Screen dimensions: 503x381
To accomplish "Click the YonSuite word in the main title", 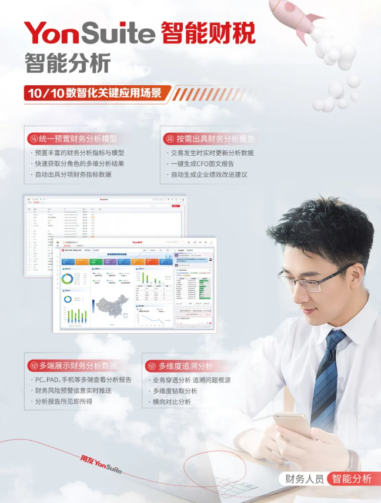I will pos(88,33).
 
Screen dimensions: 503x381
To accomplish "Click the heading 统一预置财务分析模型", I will pos(78,139).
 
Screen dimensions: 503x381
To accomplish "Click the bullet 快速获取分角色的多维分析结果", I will pos(79,163).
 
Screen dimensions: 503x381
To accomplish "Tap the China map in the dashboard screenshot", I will pos(112,307).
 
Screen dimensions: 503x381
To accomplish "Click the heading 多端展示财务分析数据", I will pos(78,365).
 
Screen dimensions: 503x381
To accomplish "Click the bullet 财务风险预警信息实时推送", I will pos(73,391).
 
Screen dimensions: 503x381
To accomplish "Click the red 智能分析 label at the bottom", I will pos(350,479).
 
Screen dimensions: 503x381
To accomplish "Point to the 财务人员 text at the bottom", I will pos(304,479).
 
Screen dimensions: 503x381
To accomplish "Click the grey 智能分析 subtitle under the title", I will pos(67,63).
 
